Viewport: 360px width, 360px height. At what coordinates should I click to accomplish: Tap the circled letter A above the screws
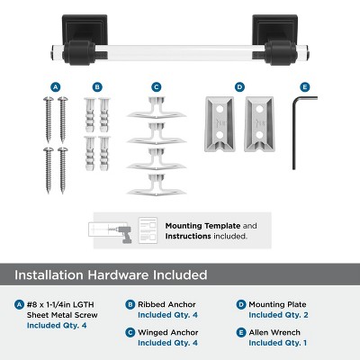coord(56,86)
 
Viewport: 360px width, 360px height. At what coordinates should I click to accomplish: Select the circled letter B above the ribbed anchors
coord(96,86)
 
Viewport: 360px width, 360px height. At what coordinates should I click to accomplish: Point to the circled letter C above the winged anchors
coord(156,86)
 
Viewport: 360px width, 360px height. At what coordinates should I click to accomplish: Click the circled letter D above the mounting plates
coord(239,86)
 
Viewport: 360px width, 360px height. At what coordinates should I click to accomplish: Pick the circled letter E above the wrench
coord(304,86)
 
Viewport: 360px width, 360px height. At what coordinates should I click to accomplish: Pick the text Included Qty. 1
coord(278,343)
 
